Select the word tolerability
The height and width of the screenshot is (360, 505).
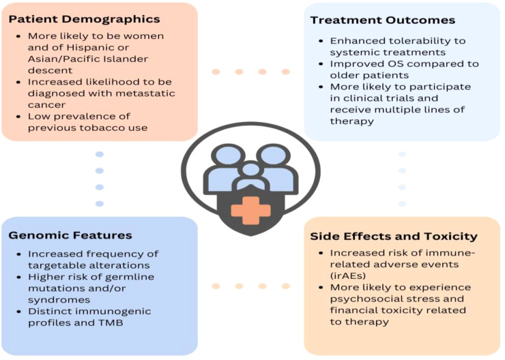click(x=405, y=40)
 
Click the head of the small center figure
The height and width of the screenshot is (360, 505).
click(x=250, y=168)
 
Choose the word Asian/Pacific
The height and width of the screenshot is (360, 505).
click(x=67, y=59)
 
